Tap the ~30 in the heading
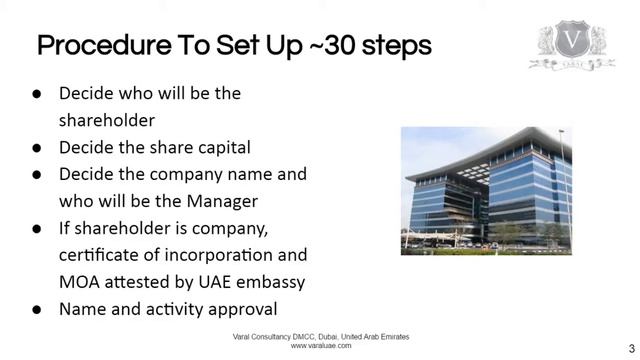tap(293, 46)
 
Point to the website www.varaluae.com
tap(320, 346)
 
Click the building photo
tap(486, 190)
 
